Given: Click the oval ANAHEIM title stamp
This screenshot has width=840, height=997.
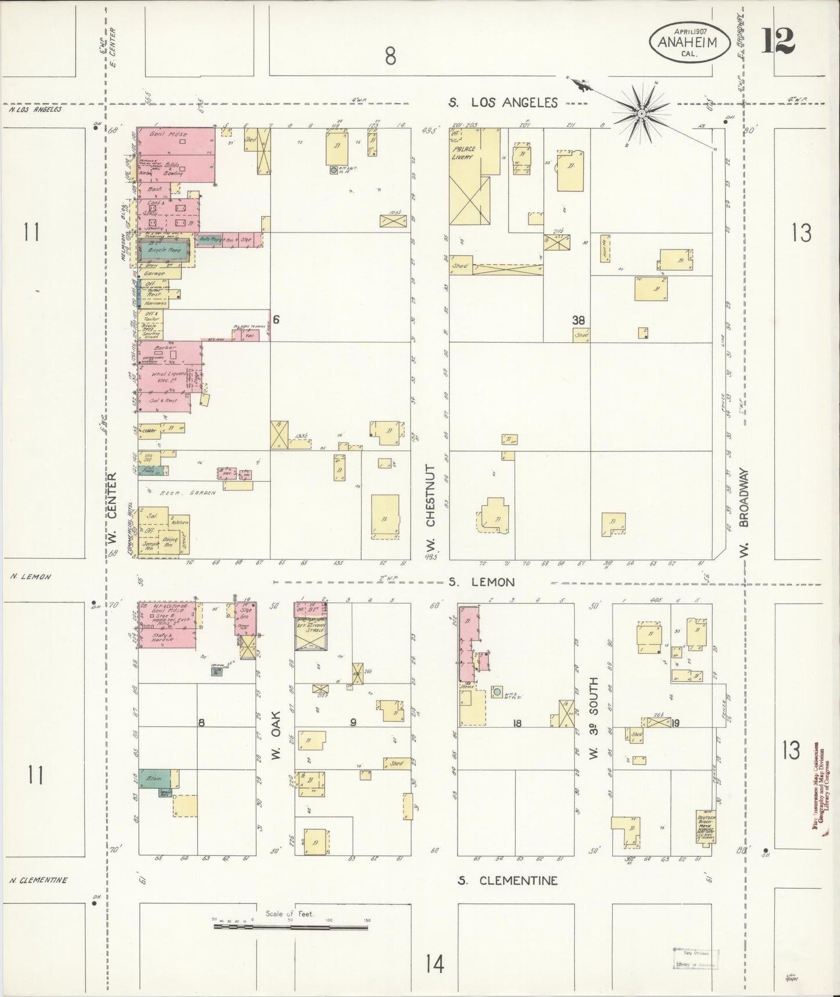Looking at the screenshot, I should pos(687,42).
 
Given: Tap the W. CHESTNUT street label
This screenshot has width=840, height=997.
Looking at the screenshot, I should pos(431,511).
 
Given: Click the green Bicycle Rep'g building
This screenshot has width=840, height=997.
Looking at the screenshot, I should pos(164,250).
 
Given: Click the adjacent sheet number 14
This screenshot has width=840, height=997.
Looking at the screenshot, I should pos(434,965).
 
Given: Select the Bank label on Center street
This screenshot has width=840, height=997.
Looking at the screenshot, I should pos(155,189).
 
